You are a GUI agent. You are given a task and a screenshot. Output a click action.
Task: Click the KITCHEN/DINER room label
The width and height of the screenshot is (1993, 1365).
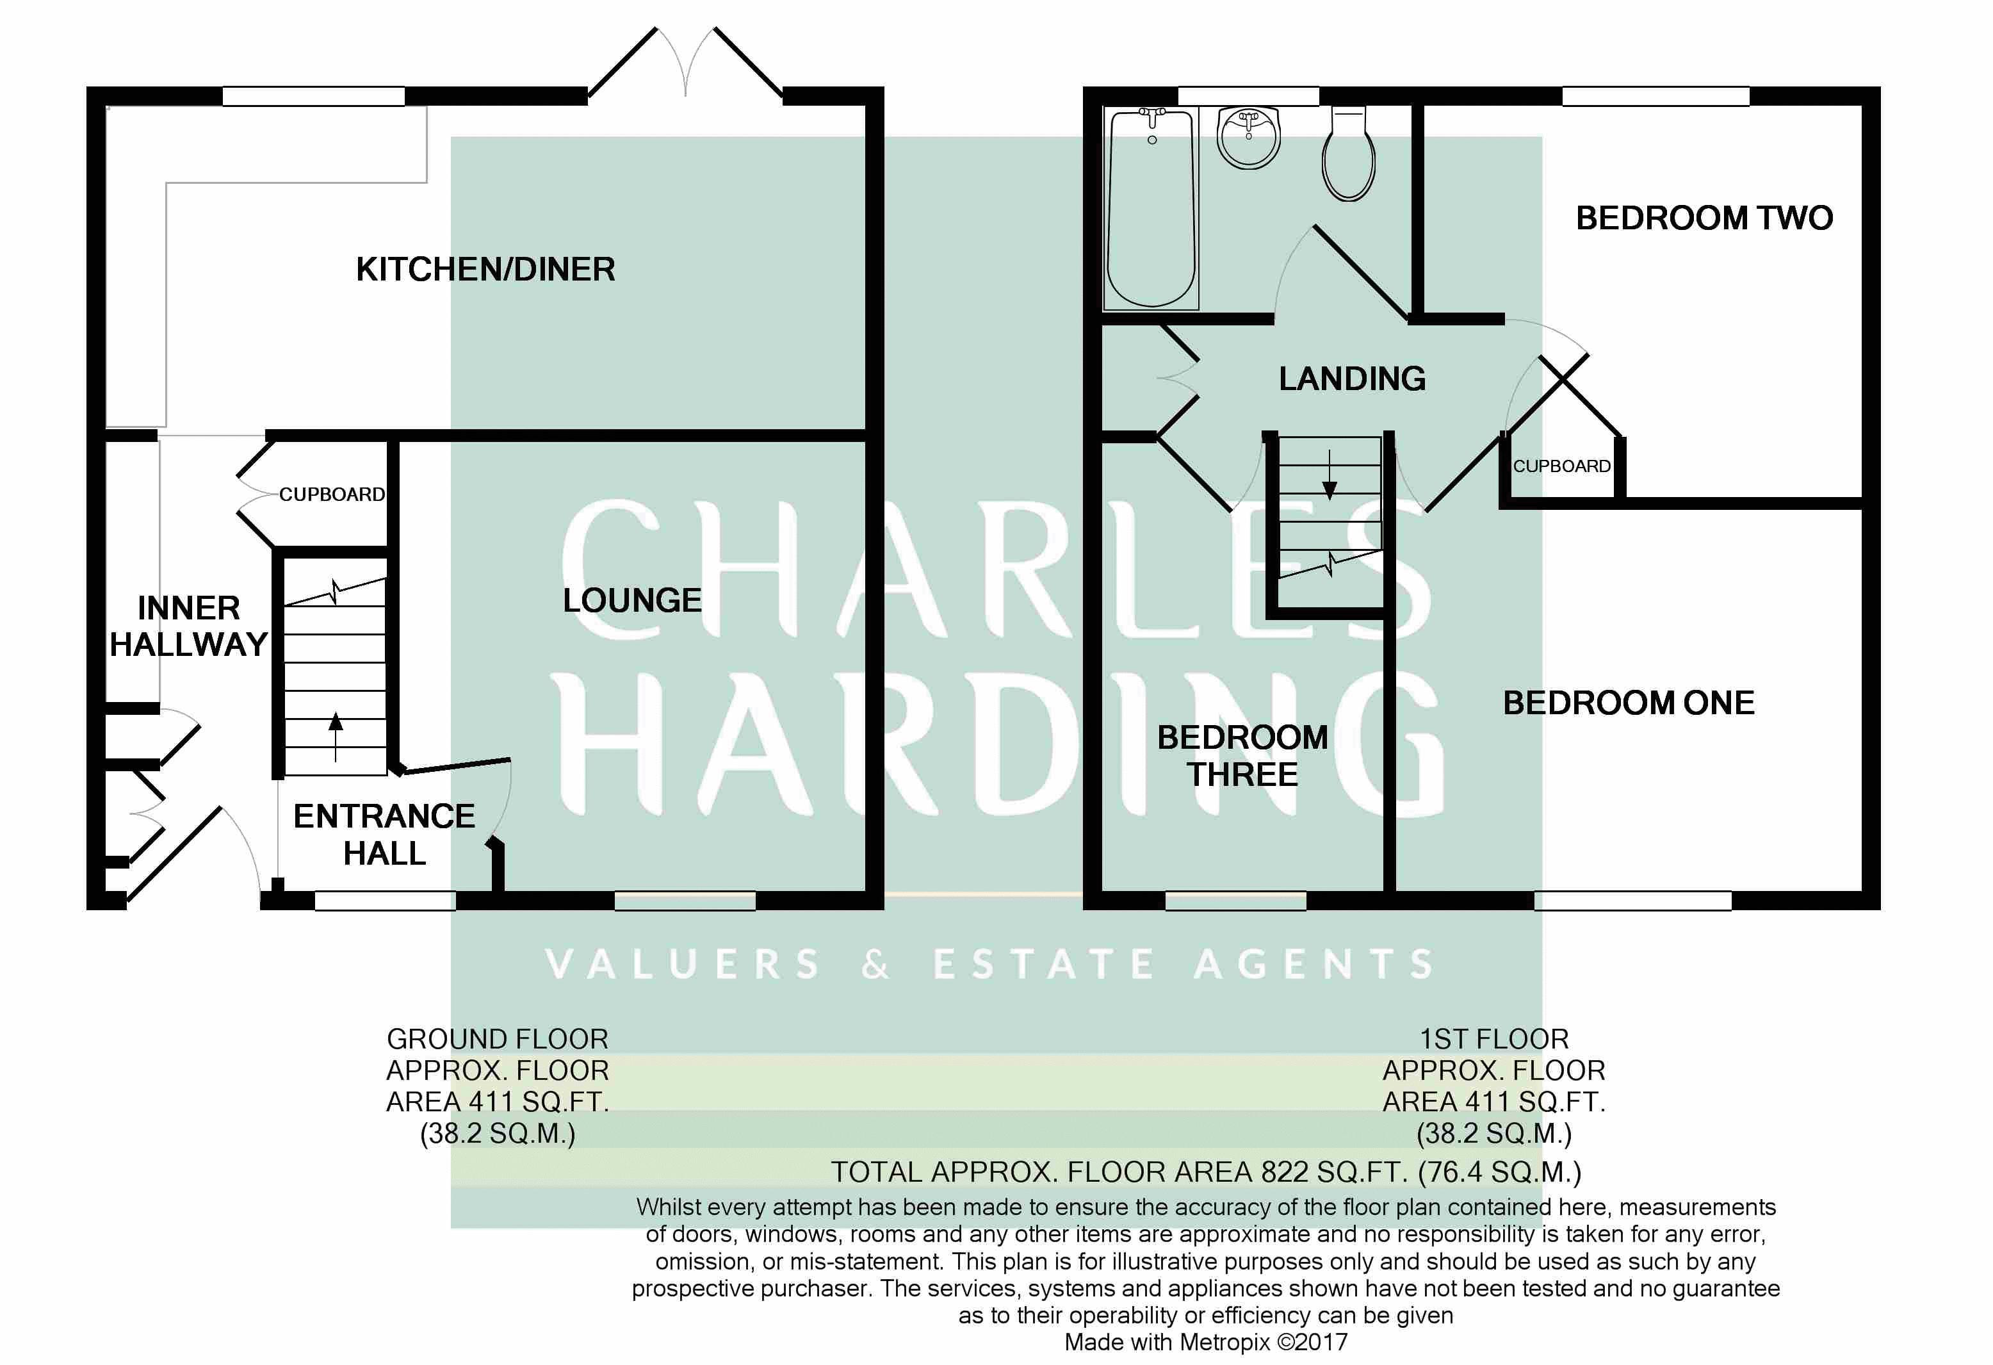click(485, 270)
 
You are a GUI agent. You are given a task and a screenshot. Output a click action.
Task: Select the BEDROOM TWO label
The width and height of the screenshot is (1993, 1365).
click(1704, 218)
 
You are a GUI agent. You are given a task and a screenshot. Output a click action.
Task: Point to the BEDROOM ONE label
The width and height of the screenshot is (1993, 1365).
click(1629, 703)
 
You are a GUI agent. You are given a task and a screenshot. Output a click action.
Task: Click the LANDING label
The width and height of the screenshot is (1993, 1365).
click(1353, 379)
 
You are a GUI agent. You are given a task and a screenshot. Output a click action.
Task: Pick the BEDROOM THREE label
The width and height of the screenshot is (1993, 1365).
click(1242, 756)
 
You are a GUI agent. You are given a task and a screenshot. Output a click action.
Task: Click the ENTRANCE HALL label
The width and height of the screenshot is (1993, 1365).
click(384, 835)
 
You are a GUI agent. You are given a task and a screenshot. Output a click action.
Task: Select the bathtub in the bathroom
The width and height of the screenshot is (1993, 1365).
click(1151, 208)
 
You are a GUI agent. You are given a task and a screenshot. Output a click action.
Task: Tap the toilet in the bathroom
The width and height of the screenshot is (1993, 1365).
click(1349, 154)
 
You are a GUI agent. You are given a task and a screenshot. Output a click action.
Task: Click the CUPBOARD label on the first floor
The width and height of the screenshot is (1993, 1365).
click(1561, 466)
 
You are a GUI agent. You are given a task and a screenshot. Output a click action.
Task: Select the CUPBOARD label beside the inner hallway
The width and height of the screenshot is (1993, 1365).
click(332, 494)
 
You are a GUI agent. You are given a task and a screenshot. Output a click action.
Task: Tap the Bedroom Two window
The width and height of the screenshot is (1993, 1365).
click(1655, 96)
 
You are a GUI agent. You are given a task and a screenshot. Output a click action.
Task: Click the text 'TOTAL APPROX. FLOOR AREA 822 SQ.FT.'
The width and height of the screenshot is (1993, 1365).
click(1119, 1172)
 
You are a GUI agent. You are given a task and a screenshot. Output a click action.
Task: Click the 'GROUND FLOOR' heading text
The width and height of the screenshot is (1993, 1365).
click(498, 1039)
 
